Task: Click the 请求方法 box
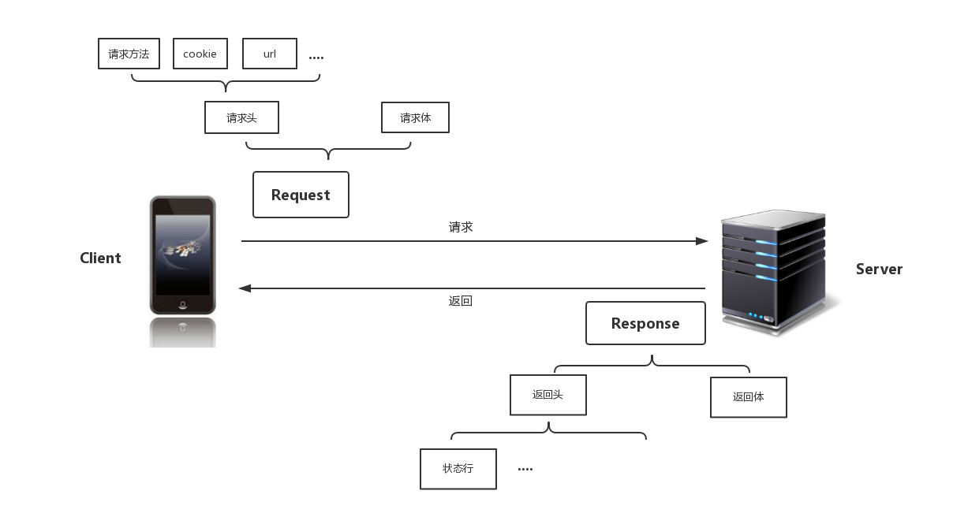click(129, 54)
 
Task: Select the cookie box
click(200, 54)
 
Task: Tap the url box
click(270, 54)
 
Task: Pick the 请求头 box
click(241, 118)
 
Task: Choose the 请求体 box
click(415, 118)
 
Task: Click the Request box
click(301, 195)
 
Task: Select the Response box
click(645, 323)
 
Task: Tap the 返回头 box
click(548, 395)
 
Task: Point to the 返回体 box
click(748, 397)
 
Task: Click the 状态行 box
click(458, 469)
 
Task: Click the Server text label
click(879, 270)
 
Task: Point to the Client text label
click(100, 258)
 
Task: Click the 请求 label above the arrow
click(461, 227)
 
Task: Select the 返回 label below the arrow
click(461, 301)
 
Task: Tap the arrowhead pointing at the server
click(702, 241)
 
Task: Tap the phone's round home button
click(183, 304)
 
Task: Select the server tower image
click(773, 272)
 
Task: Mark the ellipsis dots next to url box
click(316, 58)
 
